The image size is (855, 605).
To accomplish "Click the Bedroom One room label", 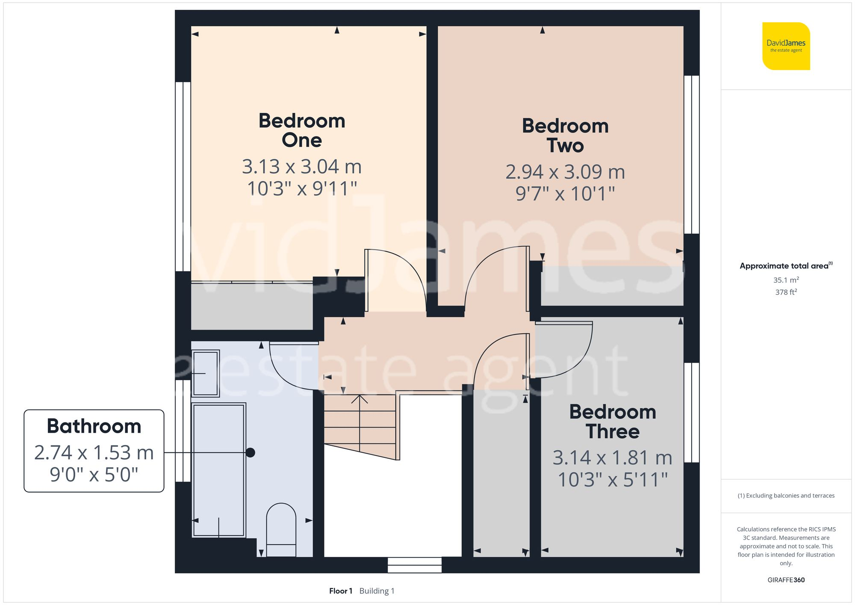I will (302, 130).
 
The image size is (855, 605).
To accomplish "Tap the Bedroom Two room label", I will (565, 136).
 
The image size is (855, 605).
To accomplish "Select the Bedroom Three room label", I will (613, 422).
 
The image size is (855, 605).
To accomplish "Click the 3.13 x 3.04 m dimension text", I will (302, 167).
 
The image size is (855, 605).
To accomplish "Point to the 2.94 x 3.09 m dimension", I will (565, 172).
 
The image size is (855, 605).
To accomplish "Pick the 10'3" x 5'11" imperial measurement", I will (613, 480).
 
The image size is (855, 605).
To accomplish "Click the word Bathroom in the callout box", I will (94, 426).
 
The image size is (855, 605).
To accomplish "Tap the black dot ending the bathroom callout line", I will (251, 452).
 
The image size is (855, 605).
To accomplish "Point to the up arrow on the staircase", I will (360, 400).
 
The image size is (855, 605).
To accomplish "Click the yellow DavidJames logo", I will (786, 46).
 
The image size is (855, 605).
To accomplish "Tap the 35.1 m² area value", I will (786, 280).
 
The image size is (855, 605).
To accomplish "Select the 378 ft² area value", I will (786, 292).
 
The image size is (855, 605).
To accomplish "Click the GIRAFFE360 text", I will (786, 580).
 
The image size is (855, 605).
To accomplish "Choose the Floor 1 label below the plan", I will (341, 591).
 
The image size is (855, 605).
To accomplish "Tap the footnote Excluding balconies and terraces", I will (786, 496).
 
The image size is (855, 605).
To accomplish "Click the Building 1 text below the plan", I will (377, 591).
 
